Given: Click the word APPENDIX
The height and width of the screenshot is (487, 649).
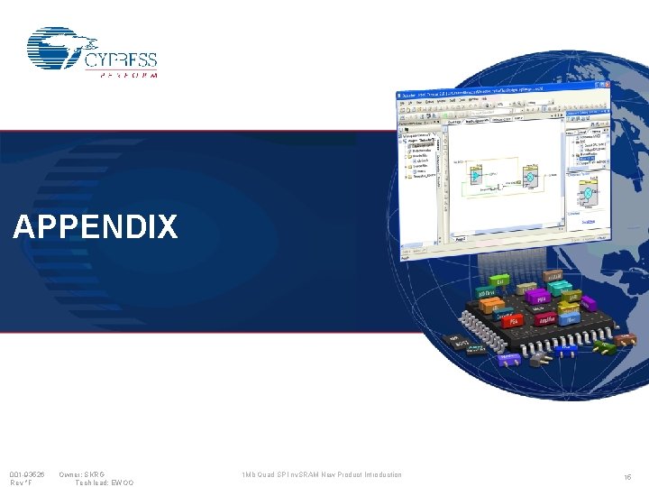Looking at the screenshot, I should pyautogui.click(x=96, y=227).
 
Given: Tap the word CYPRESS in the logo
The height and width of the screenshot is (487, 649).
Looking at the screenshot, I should pyautogui.click(x=121, y=60).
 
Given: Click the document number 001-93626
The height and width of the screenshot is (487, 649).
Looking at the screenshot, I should pyautogui.click(x=27, y=474).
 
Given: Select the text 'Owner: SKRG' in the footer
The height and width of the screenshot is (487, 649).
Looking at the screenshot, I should pyautogui.click(x=82, y=474).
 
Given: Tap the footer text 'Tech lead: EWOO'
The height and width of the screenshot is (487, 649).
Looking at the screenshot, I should pyautogui.click(x=104, y=483).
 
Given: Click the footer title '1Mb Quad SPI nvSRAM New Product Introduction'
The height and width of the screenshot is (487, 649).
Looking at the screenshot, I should pyautogui.click(x=321, y=474).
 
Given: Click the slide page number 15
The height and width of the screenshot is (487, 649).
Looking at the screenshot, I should pyautogui.click(x=627, y=476).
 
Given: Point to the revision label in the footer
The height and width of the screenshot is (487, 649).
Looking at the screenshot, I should pyautogui.click(x=21, y=483).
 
